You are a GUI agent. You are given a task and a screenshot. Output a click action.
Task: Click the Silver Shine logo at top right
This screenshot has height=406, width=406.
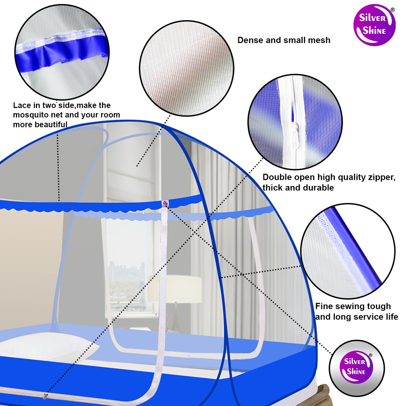coord(374,25)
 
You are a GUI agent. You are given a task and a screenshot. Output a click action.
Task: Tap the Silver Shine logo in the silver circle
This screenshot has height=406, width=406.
coord(357,367)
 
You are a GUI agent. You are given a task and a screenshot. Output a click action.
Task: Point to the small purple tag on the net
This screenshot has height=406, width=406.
coord(165,203)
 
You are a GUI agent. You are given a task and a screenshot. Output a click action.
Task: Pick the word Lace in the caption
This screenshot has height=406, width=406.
coord(22,105)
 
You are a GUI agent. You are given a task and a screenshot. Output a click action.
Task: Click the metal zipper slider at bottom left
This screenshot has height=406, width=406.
coord(45,396)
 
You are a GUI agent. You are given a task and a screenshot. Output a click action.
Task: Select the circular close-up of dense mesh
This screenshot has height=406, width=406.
coord(187,68)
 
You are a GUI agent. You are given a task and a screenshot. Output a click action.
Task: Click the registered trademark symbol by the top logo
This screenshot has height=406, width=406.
coord(393,10)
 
